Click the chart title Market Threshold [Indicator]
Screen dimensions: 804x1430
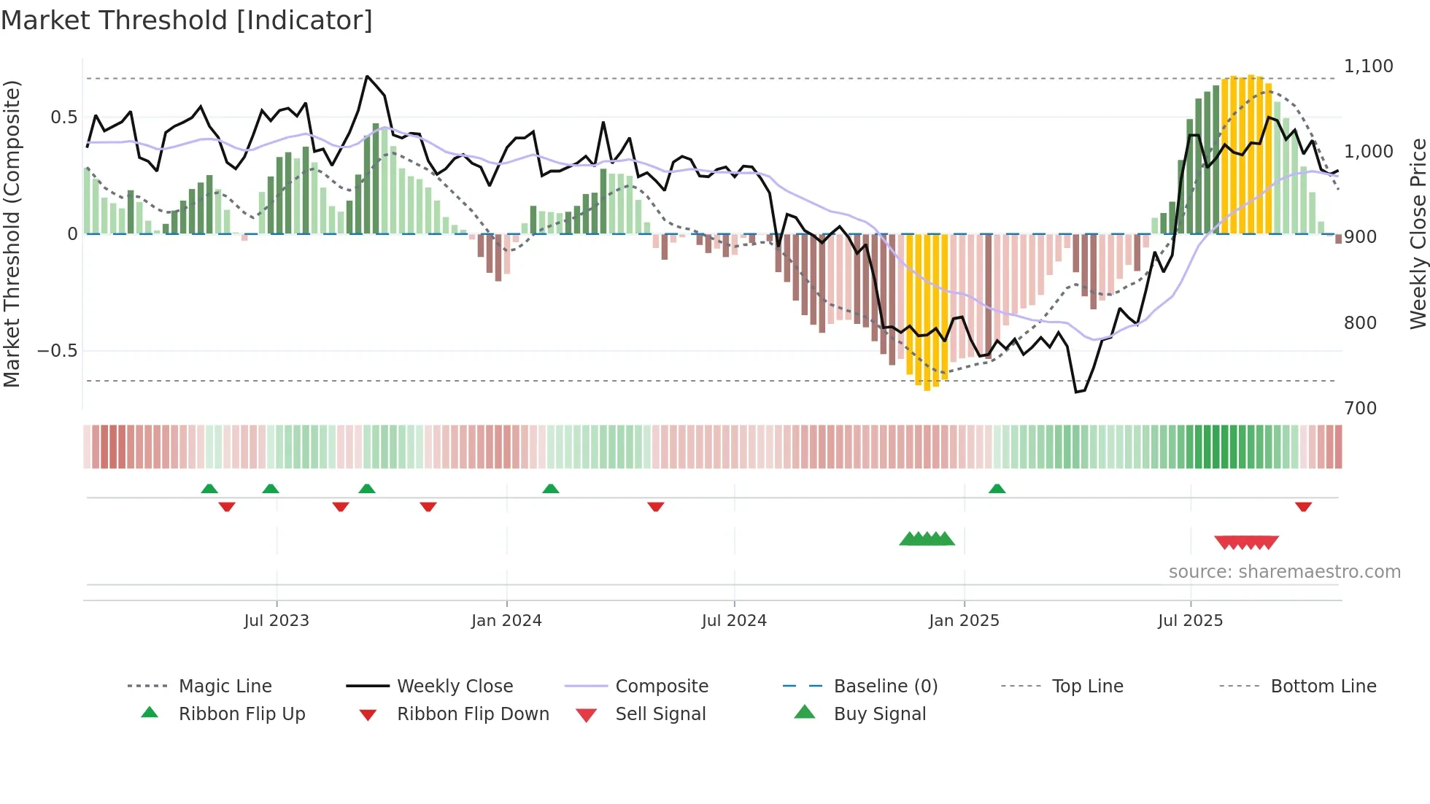[x=187, y=20]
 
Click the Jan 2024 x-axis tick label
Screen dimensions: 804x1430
[x=506, y=621]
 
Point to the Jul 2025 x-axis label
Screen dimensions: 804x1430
[x=1190, y=621]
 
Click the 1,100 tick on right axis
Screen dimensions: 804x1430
[x=1368, y=66]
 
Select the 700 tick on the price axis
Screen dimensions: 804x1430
[x=1360, y=409]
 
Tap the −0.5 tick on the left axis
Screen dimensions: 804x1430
[x=58, y=351]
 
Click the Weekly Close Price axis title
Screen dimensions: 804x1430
[x=1418, y=233]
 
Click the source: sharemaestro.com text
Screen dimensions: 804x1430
[x=1284, y=572]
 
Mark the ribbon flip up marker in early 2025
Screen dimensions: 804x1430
[x=997, y=489]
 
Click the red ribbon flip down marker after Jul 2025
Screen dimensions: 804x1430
[x=1303, y=506]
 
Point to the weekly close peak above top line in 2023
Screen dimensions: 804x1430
[x=367, y=76]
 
